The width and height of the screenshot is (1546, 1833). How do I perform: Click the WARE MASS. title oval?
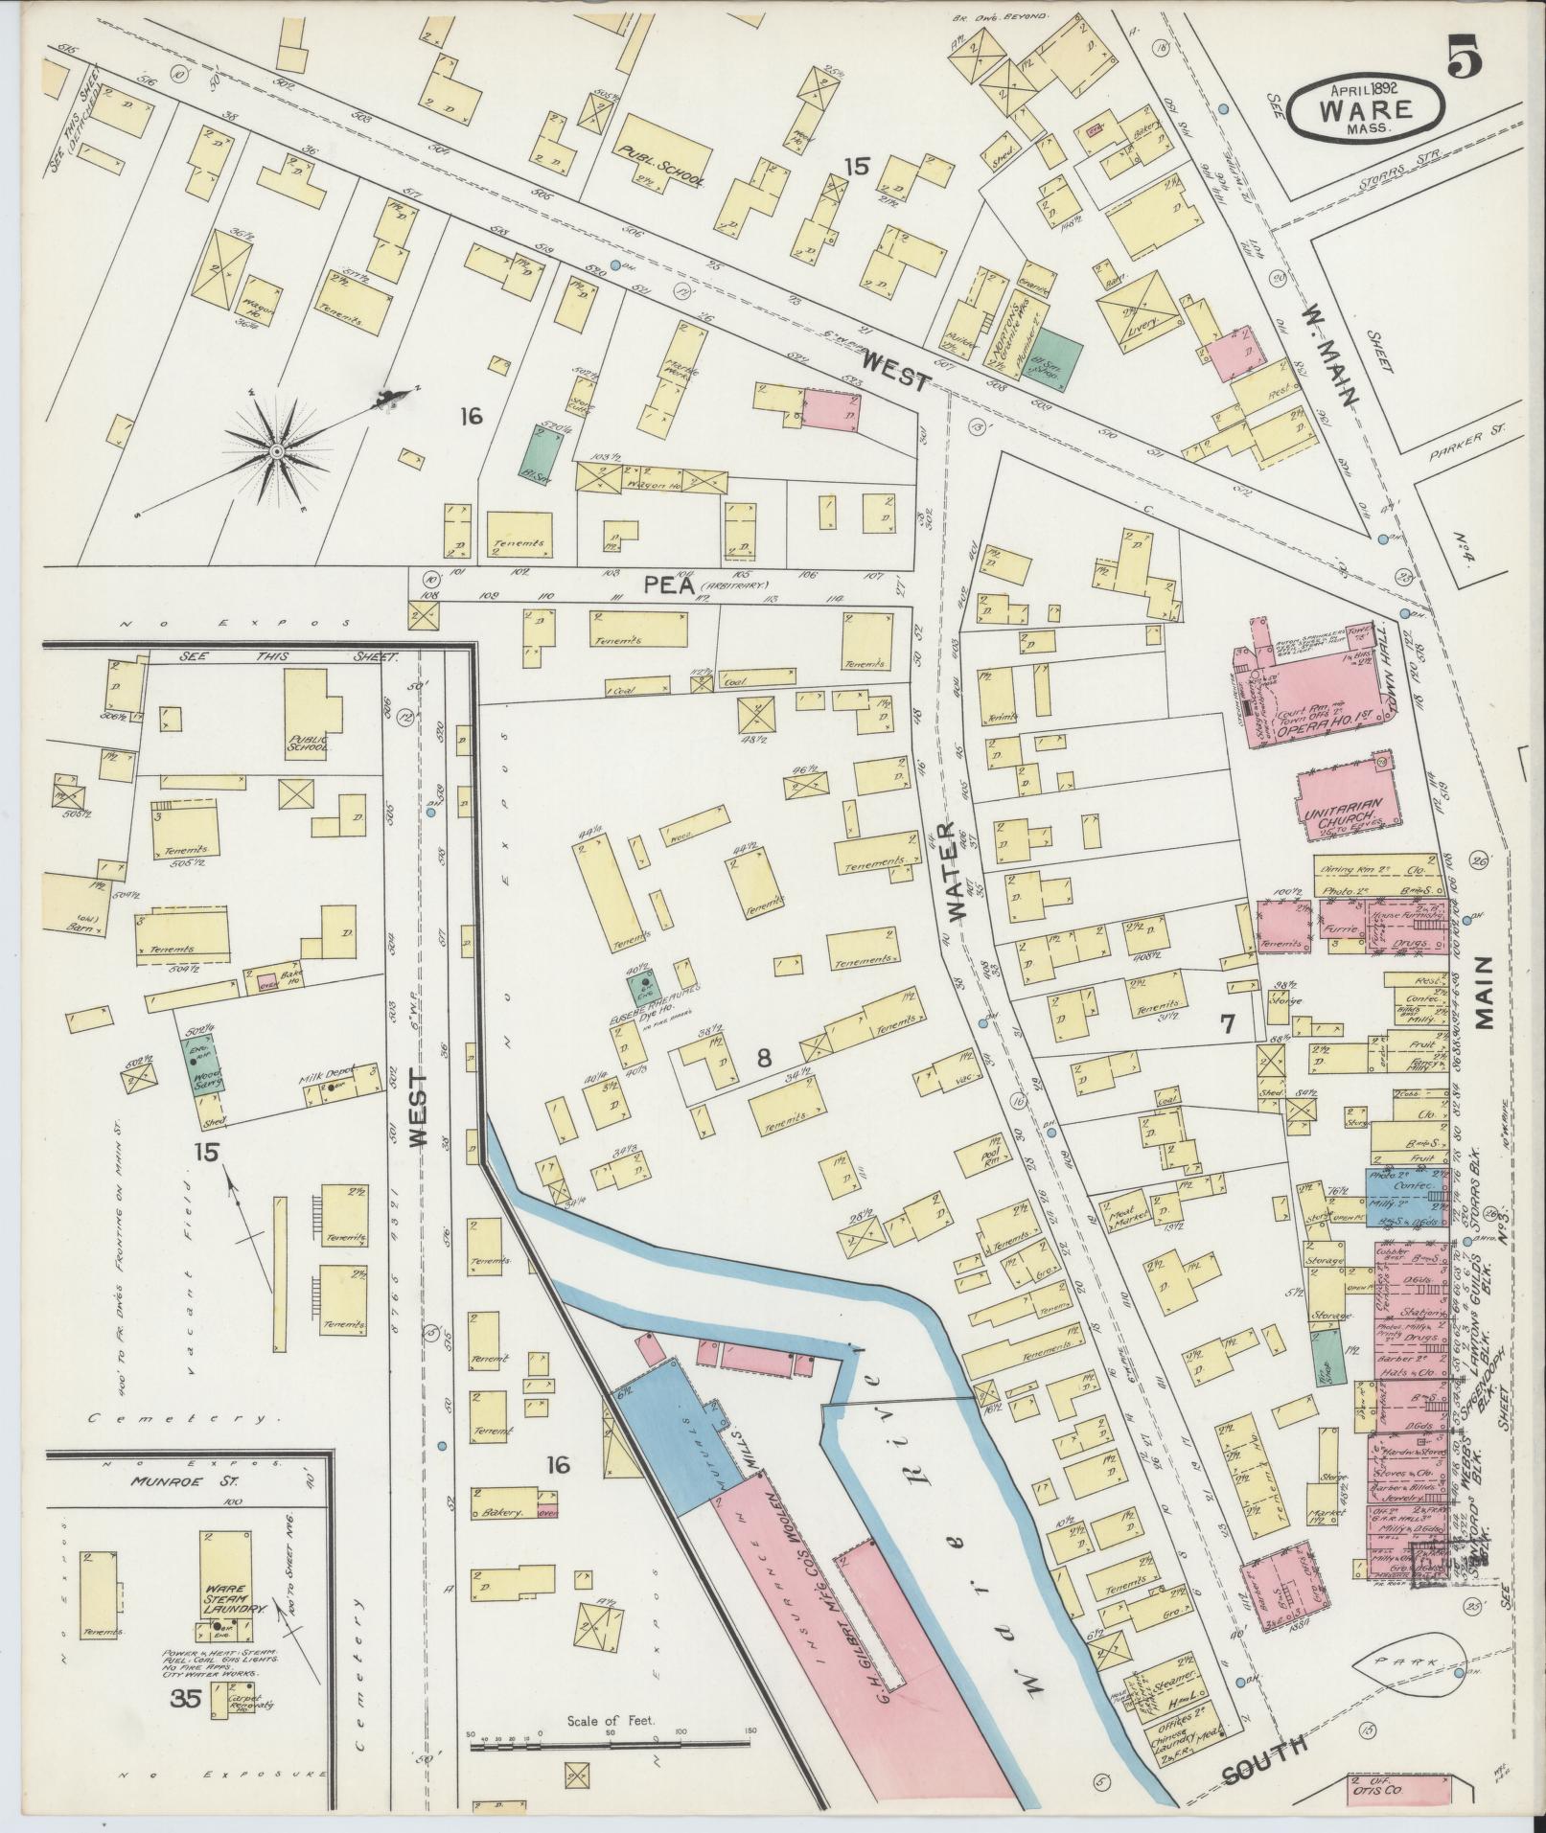click(x=1366, y=109)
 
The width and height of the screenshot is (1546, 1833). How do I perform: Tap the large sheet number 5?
click(x=1465, y=59)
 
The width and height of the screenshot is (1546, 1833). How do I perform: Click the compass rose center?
click(x=276, y=451)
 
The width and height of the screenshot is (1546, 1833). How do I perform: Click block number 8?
click(x=763, y=1059)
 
